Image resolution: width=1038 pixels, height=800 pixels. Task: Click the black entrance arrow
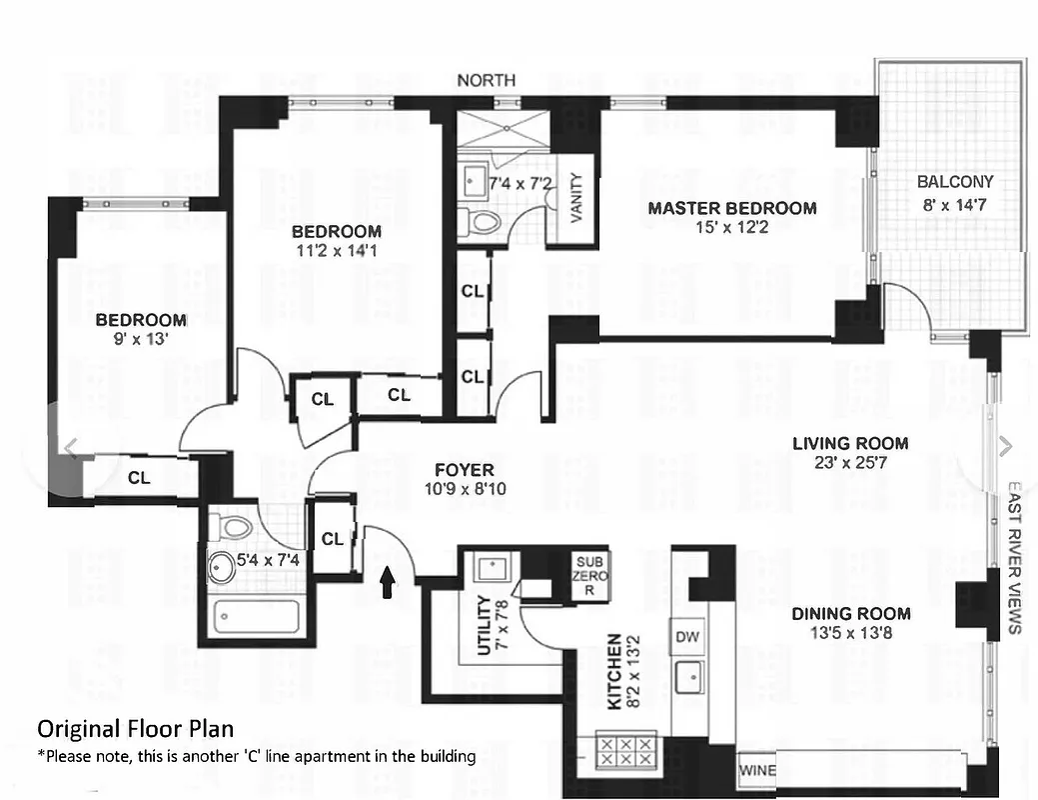point(388,582)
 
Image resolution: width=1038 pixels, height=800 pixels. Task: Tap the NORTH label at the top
point(487,80)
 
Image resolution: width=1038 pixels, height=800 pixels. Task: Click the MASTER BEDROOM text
point(731,209)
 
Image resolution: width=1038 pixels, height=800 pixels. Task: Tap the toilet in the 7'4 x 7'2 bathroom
point(484,222)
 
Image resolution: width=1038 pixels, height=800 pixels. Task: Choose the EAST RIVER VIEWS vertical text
point(1013,560)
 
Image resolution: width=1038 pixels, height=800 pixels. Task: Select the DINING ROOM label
point(851,614)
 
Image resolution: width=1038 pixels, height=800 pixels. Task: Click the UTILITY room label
point(484,626)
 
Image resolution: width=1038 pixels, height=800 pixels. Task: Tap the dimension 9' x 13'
point(141,340)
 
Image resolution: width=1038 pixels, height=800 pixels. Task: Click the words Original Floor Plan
point(136,728)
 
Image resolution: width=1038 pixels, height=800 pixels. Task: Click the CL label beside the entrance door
point(333,539)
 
